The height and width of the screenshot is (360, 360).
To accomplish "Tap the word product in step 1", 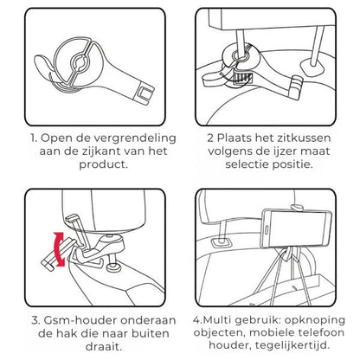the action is coord(102,164).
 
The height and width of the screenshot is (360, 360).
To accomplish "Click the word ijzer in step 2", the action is coord(281,151).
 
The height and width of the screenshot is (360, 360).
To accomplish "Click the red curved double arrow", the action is coord(60,248).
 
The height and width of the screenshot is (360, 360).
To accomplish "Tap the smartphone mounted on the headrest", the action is coord(296,228).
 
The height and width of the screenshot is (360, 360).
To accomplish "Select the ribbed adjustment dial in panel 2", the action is coord(242,79).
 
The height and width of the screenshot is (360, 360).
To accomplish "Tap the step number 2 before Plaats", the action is coord(210,138).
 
